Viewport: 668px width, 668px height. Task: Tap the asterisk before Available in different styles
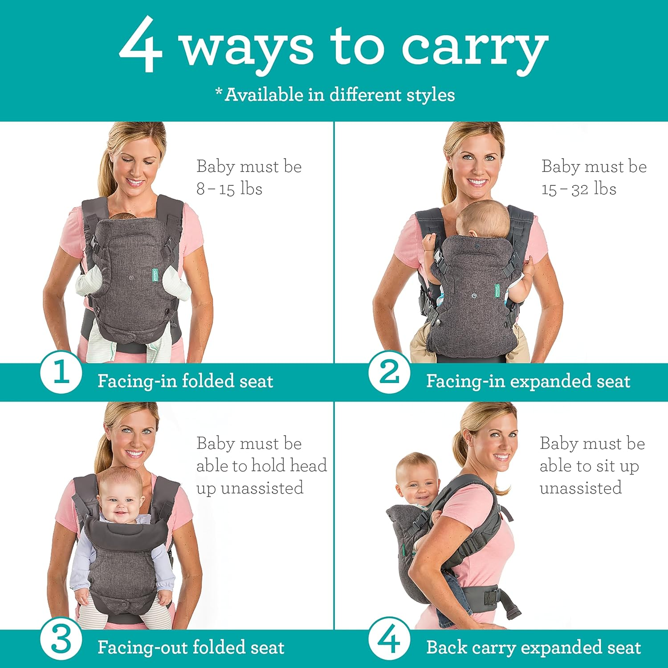(219, 92)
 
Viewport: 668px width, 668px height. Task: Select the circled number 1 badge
(61, 372)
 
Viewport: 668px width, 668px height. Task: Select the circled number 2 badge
(389, 372)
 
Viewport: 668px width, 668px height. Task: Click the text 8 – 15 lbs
(229, 189)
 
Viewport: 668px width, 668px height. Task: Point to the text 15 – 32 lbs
(578, 189)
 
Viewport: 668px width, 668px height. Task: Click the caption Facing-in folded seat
(185, 381)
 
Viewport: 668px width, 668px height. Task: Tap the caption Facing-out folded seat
(191, 648)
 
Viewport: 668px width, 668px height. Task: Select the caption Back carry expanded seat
(533, 648)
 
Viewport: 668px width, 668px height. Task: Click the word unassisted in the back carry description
(580, 488)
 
